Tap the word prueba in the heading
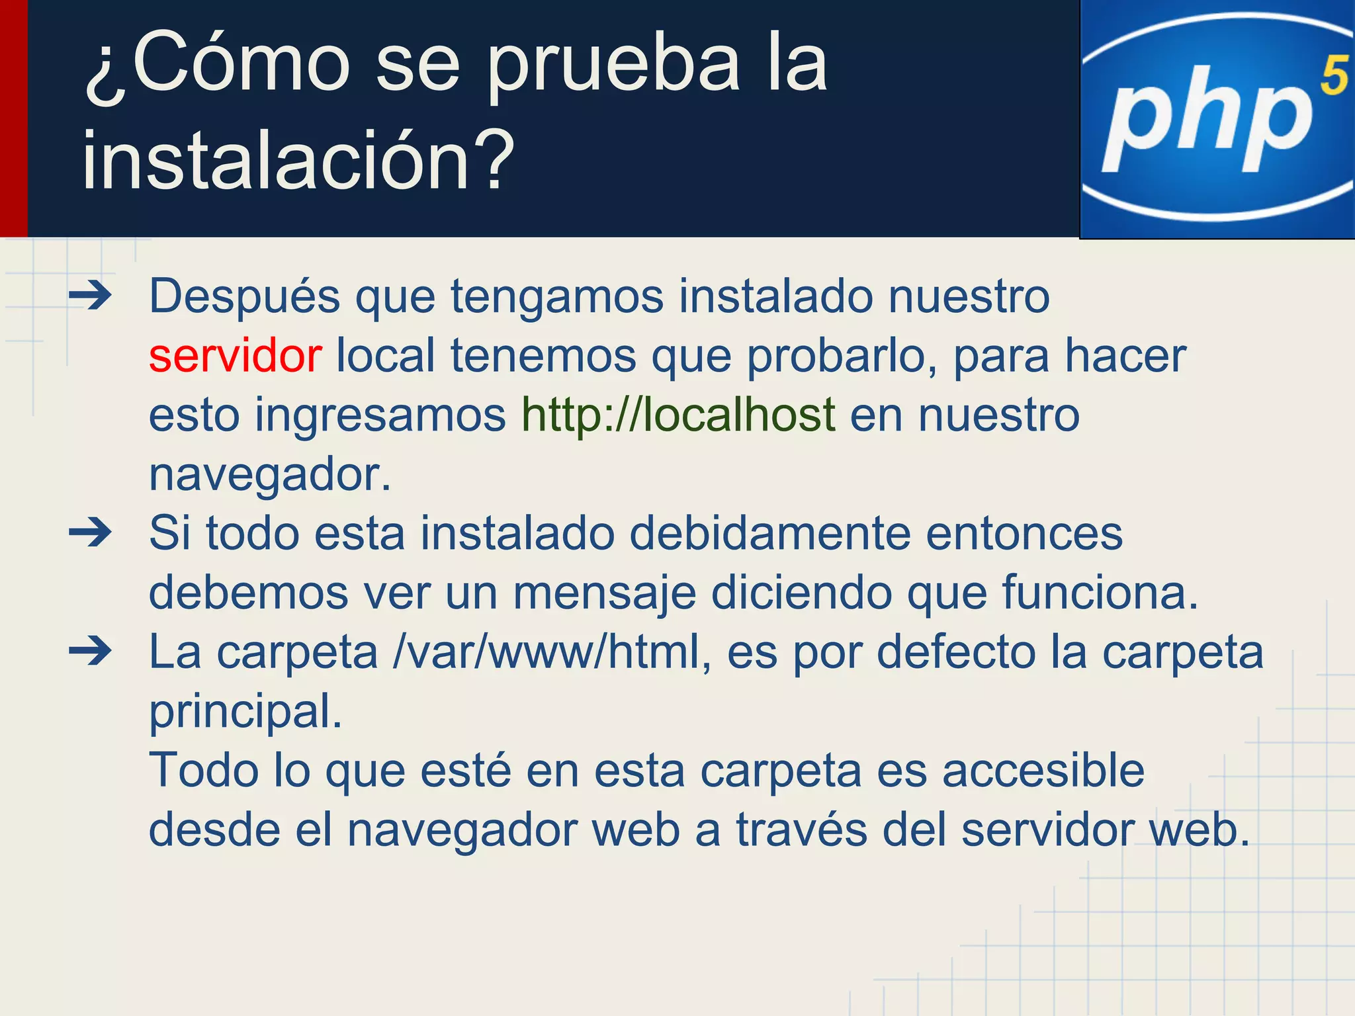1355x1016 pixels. [613, 66]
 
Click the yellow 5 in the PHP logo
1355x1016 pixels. [1333, 77]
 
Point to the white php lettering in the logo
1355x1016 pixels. [1207, 119]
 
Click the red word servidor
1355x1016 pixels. [236, 356]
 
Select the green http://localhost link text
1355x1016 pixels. [678, 415]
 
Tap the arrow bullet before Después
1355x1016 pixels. [91, 296]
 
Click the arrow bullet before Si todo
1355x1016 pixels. [91, 533]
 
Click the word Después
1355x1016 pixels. [245, 296]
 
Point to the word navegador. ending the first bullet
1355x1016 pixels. [270, 475]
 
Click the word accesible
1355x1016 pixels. [1043, 771]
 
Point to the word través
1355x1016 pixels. [801, 830]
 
